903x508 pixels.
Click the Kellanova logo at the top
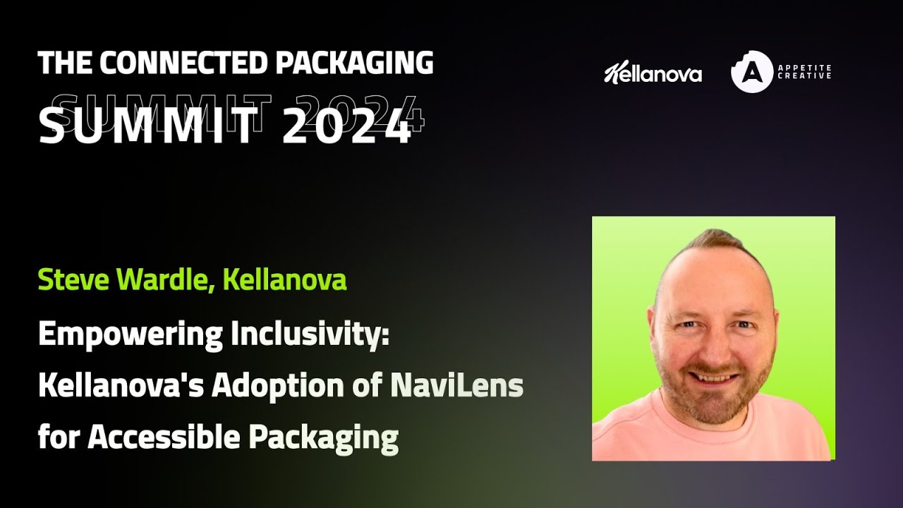click(653, 73)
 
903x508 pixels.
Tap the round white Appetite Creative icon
click(752, 72)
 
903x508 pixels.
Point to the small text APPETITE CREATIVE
click(804, 72)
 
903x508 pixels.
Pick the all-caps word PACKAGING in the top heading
click(354, 64)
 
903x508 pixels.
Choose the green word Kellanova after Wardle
click(284, 280)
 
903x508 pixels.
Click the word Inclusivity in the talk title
click(309, 334)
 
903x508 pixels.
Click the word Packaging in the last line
click(323, 437)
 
